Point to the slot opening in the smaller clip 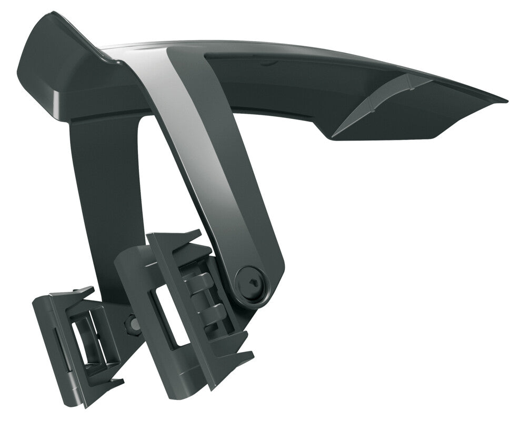[x=84, y=342]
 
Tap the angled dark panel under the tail [x=400, y=121]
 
